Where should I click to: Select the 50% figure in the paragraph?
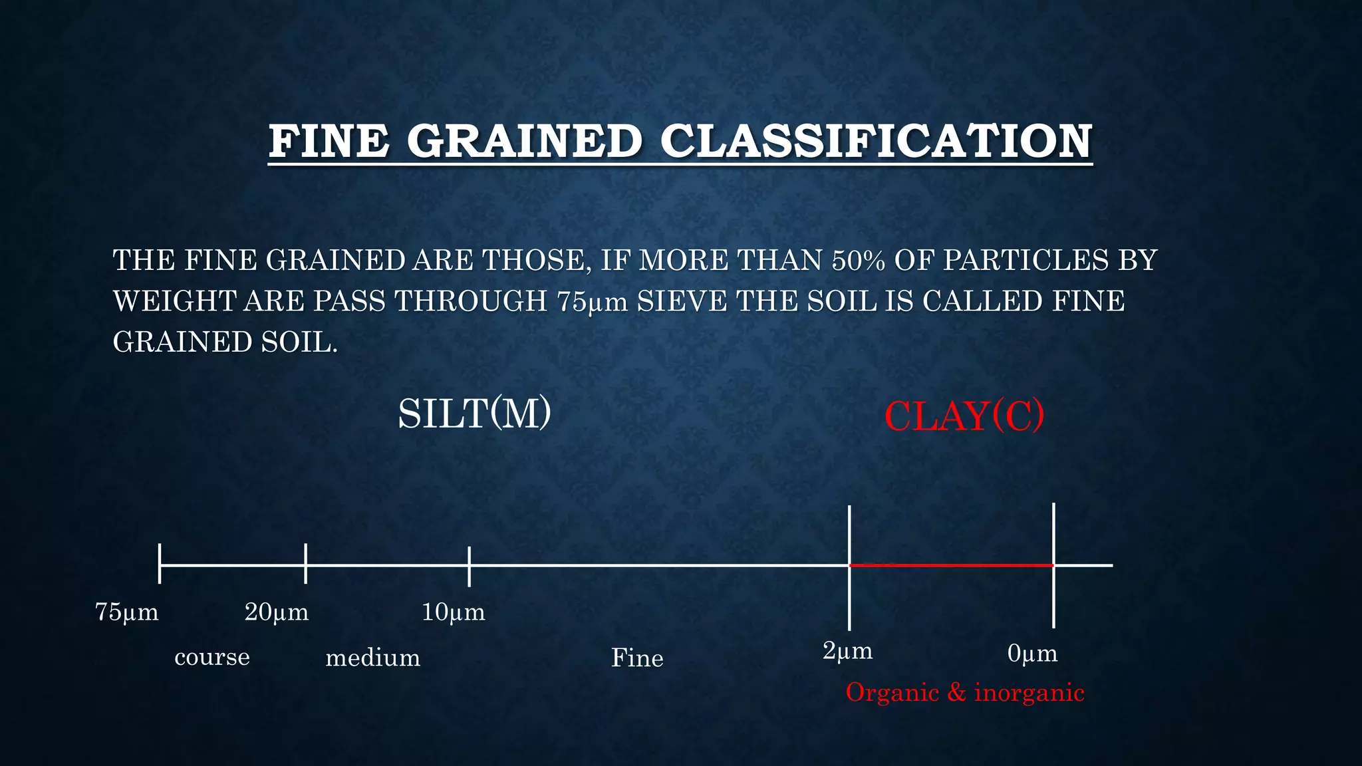point(858,260)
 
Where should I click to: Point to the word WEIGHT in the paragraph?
point(174,301)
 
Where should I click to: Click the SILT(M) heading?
point(474,414)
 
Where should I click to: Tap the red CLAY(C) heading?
point(964,417)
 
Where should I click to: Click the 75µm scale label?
point(127,612)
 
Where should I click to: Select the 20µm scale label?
point(277,612)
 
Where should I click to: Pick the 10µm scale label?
point(454,612)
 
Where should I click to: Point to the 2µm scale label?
point(847,651)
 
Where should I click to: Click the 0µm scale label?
point(1032,654)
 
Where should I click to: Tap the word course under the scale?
point(212,658)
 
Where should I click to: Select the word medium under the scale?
point(372,658)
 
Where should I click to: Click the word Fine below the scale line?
point(637,658)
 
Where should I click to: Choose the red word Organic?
point(892,693)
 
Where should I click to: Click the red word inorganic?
point(1029,693)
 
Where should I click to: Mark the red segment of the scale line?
point(951,565)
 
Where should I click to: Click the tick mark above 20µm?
point(305,563)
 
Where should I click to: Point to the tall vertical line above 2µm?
point(849,532)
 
